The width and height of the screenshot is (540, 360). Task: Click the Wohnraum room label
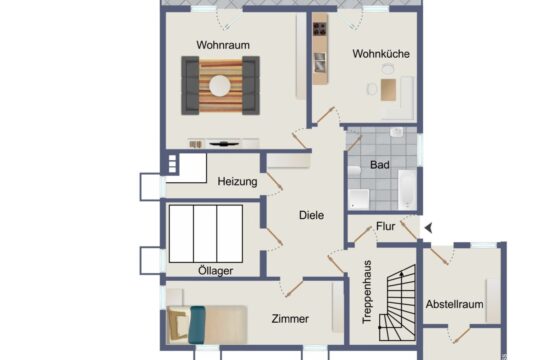(223, 45)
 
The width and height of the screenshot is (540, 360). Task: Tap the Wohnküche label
(381, 54)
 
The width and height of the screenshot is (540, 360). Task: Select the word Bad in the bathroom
(380, 165)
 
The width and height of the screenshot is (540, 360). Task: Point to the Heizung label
(237, 181)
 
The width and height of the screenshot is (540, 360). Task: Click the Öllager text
(216, 271)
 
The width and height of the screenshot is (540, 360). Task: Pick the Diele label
(311, 215)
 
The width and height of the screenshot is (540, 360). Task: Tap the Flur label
(385, 226)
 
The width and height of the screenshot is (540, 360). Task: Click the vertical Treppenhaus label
(367, 292)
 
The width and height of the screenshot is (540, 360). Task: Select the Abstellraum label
(454, 304)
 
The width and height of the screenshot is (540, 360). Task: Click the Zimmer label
(290, 319)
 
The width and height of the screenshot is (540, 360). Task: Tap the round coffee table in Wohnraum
(220, 86)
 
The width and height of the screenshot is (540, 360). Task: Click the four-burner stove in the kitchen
(320, 29)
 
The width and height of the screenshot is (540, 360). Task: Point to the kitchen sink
(320, 62)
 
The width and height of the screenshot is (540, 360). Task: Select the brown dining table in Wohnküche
(388, 90)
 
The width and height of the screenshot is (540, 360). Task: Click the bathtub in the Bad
(407, 189)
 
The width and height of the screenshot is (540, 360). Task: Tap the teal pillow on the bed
(197, 325)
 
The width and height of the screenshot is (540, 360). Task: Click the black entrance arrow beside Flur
(428, 228)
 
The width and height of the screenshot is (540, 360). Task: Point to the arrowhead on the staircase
(401, 274)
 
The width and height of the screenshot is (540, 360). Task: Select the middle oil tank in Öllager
(205, 234)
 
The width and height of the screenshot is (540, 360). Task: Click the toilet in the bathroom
(354, 171)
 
